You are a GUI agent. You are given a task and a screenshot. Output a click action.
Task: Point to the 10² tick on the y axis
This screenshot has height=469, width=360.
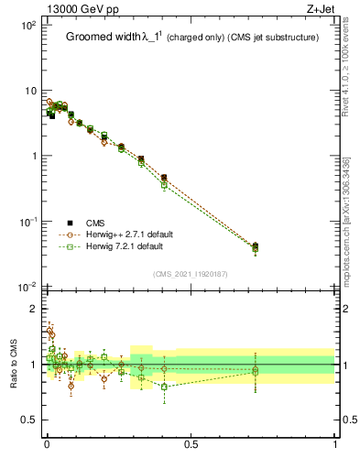tap(28, 25)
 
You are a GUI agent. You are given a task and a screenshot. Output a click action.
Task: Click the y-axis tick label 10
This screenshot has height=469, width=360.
tap(30, 91)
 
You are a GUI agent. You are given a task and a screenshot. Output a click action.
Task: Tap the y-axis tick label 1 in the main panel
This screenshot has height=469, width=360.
tap(33, 157)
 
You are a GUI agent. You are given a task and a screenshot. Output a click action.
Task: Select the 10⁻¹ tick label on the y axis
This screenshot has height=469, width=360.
tap(28, 222)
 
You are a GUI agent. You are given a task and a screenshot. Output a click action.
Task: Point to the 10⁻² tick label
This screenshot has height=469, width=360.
tap(28, 288)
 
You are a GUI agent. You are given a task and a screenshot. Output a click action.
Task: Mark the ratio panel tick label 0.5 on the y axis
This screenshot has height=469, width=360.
tap(29, 420)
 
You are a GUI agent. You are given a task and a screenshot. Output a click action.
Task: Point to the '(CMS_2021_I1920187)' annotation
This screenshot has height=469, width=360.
tap(191, 274)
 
